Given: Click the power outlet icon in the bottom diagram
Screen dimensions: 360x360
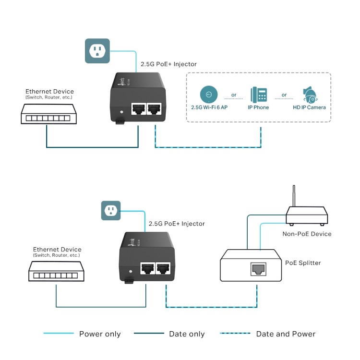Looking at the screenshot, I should pyautogui.click(x=110, y=211).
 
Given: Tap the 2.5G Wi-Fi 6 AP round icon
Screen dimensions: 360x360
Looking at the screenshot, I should pyautogui.click(x=208, y=94).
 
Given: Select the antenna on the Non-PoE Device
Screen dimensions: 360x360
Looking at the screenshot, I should pyautogui.click(x=292, y=198).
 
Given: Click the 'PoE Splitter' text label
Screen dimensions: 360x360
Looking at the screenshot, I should pyautogui.click(x=303, y=263).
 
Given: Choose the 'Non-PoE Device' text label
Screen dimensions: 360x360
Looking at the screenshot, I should pyautogui.click(x=307, y=234).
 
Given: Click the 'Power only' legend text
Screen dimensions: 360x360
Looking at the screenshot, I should pyautogui.click(x=100, y=334).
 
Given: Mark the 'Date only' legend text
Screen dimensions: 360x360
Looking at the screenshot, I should pyautogui.click(x=187, y=334).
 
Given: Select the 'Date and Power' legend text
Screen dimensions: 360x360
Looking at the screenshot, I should pyautogui.click(x=286, y=334).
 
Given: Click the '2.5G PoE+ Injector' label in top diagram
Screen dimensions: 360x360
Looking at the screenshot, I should pyautogui.click(x=168, y=64).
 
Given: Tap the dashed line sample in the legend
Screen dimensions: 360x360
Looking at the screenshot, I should pyautogui.click(x=235, y=334).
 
